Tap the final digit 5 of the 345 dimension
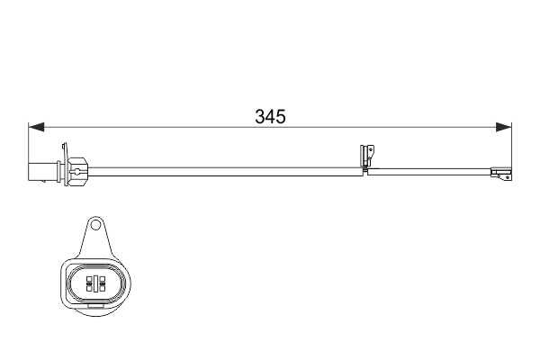point(280,117)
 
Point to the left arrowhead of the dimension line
point(34,127)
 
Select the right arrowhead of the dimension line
point(505,127)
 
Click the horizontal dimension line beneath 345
point(180,127)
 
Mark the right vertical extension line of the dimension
point(511,144)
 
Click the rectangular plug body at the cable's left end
point(41,169)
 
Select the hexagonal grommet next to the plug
point(77,168)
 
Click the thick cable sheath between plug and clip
point(225,167)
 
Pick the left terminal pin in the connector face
point(90,284)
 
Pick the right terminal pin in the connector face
point(101,284)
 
